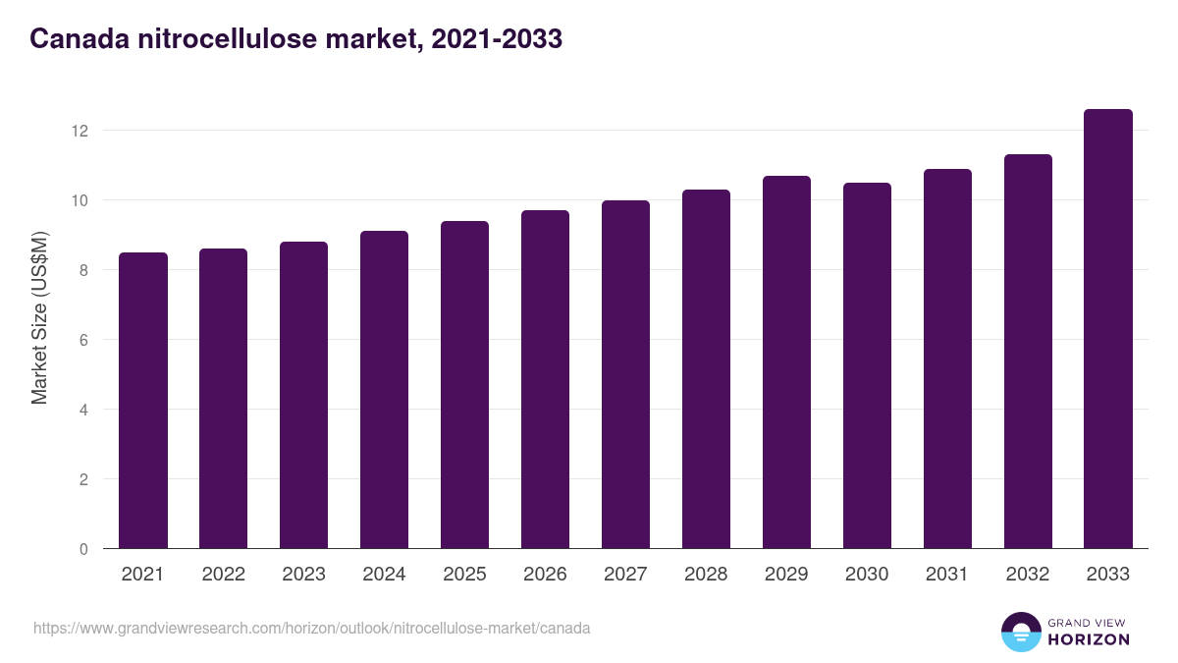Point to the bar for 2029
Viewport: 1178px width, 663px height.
(786, 362)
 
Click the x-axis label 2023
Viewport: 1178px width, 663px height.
(303, 575)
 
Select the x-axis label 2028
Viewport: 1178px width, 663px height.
(706, 575)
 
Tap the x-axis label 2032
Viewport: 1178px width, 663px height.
(1028, 575)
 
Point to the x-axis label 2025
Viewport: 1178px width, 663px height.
(464, 575)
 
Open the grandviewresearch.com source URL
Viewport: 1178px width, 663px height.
(311, 628)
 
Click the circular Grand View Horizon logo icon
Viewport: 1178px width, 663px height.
(1020, 632)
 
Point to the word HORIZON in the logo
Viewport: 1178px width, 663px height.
(1089, 639)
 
